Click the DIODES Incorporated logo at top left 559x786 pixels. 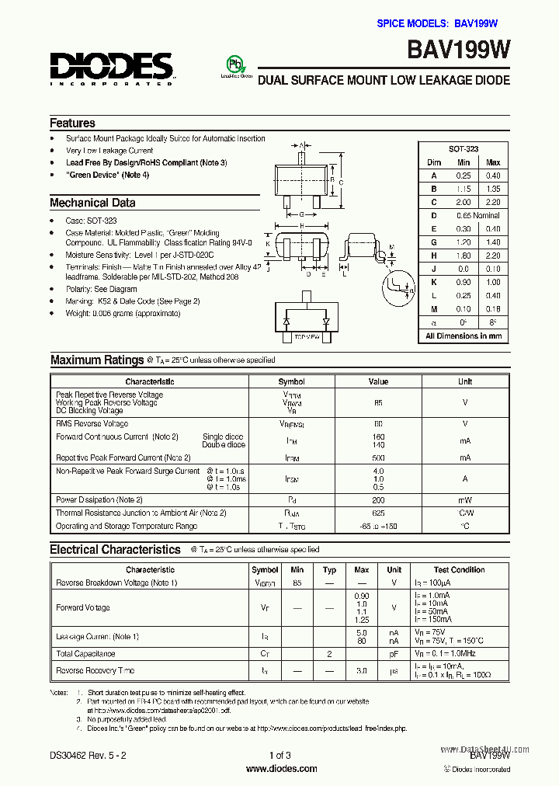point(111,68)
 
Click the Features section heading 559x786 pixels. point(72,123)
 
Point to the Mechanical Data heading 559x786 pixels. point(92,203)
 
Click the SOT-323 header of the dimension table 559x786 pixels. point(464,148)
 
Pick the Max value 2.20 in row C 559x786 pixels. point(493,202)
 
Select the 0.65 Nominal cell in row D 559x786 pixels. point(477,215)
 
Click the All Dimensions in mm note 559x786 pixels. point(464,336)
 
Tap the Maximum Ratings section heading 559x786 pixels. point(97,360)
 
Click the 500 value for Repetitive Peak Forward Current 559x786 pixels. point(378,458)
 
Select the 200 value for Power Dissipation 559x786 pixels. point(378,500)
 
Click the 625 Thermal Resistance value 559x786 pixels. point(378,513)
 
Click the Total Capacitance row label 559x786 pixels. point(85,654)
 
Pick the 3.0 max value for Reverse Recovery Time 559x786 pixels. point(361,671)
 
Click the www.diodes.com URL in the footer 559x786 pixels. point(281,769)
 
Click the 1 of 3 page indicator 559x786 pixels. point(279,755)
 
